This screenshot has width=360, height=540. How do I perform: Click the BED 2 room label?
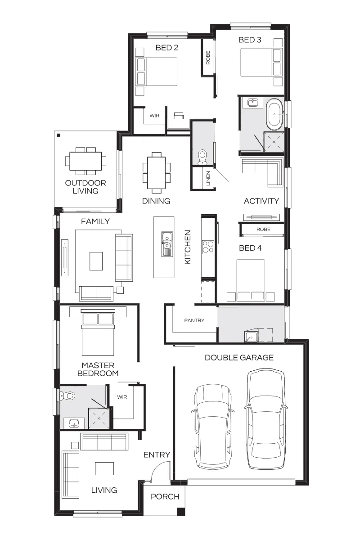coord(167,48)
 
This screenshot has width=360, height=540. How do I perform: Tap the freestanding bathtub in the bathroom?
coord(274,114)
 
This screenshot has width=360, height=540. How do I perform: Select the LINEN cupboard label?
coord(208,178)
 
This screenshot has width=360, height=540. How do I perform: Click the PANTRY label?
coord(194,320)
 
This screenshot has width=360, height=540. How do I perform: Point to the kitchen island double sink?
coord(167,244)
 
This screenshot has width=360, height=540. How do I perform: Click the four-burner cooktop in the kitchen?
coord(208,247)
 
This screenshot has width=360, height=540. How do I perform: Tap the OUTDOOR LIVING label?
coord(85,187)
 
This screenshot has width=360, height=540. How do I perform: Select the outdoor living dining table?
coord(85,161)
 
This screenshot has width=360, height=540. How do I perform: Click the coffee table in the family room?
coord(96,261)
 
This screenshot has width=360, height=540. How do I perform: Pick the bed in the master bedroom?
coord(98,333)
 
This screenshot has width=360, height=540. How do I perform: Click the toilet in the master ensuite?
coord(68,396)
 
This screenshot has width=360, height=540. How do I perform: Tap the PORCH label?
coord(165,497)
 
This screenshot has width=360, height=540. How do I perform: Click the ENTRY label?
coord(157,454)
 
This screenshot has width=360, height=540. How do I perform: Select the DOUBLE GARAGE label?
coord(239,357)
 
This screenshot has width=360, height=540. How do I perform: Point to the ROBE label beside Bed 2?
coord(208,58)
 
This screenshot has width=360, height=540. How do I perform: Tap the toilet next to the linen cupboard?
coord(202,157)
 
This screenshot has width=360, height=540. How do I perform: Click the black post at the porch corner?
coord(181,512)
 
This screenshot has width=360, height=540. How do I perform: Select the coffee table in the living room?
coord(104,468)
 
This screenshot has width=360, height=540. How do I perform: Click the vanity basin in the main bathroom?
coord(253,103)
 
